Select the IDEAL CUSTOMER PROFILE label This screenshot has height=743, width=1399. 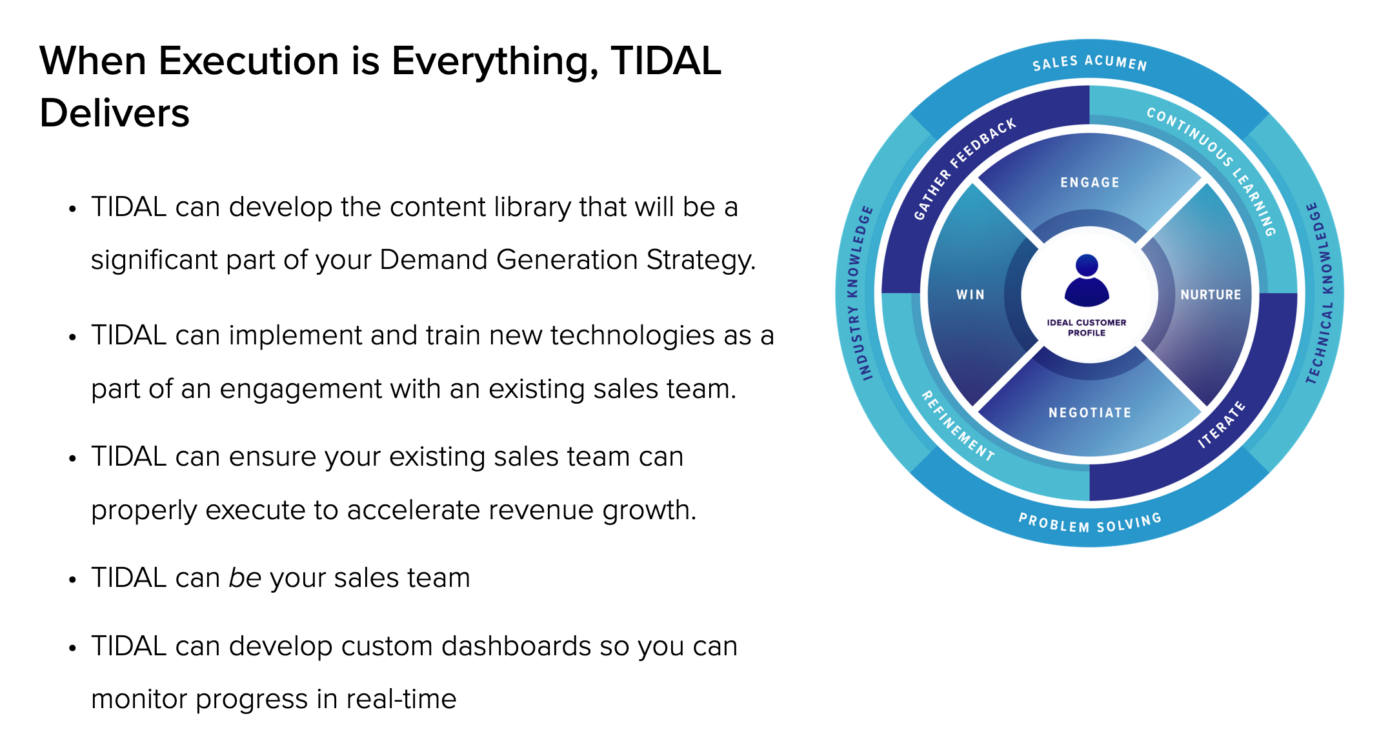1087,328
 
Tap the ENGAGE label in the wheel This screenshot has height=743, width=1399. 1090,183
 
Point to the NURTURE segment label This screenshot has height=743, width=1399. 1211,295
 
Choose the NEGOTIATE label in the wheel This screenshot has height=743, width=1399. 1090,413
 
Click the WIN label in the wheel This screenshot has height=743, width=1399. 971,295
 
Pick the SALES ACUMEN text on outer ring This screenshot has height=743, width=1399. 1090,63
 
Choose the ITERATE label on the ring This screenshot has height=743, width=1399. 1222,424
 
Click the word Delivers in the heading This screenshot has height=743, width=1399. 114,113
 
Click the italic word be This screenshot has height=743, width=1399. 245,577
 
